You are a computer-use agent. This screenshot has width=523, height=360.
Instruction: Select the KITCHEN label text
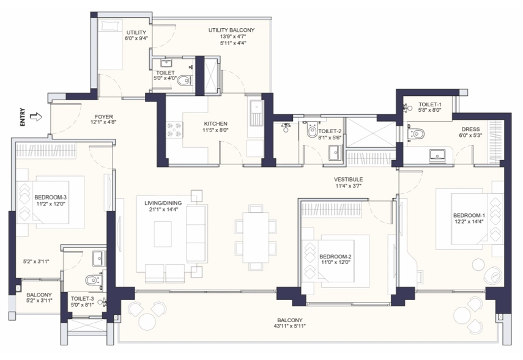click(x=215, y=123)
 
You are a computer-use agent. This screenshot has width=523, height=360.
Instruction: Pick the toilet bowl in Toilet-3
click(x=94, y=281)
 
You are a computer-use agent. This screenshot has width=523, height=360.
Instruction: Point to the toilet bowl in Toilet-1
click(x=418, y=133)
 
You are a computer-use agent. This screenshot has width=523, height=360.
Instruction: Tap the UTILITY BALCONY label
click(x=231, y=30)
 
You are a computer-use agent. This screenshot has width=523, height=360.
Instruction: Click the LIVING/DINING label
click(x=161, y=203)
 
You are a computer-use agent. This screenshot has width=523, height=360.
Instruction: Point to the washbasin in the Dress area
click(x=439, y=154)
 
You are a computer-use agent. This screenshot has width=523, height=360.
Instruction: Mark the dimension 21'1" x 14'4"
click(x=161, y=210)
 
